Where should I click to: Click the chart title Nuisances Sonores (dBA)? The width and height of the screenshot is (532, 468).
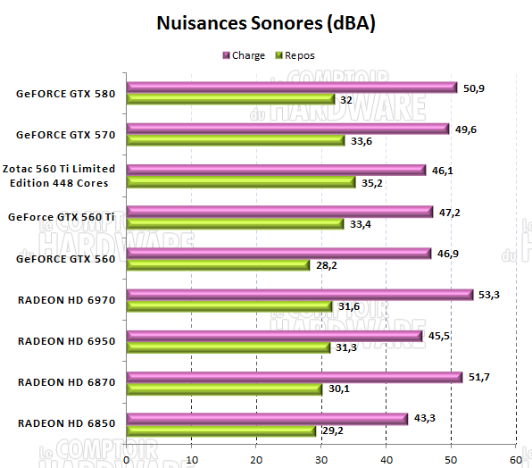pos(266,22)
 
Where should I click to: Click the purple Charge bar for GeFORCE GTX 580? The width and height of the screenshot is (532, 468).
pos(291,88)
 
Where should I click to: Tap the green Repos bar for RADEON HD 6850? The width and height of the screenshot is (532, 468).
pos(221,430)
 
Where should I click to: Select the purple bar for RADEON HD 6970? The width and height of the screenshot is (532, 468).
pos(299,294)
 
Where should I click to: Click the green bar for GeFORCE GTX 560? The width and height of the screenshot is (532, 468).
pos(218,265)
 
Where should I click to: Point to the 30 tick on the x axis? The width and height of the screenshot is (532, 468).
pos(321,457)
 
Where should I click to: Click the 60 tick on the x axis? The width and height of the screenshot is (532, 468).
pos(516,457)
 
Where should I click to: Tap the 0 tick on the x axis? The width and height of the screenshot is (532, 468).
pos(127,457)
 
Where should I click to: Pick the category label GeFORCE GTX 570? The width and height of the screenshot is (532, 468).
pos(66,135)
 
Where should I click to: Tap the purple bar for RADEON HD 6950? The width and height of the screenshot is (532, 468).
pos(274,335)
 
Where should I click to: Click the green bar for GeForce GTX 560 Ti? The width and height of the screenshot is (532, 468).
pos(235,224)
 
